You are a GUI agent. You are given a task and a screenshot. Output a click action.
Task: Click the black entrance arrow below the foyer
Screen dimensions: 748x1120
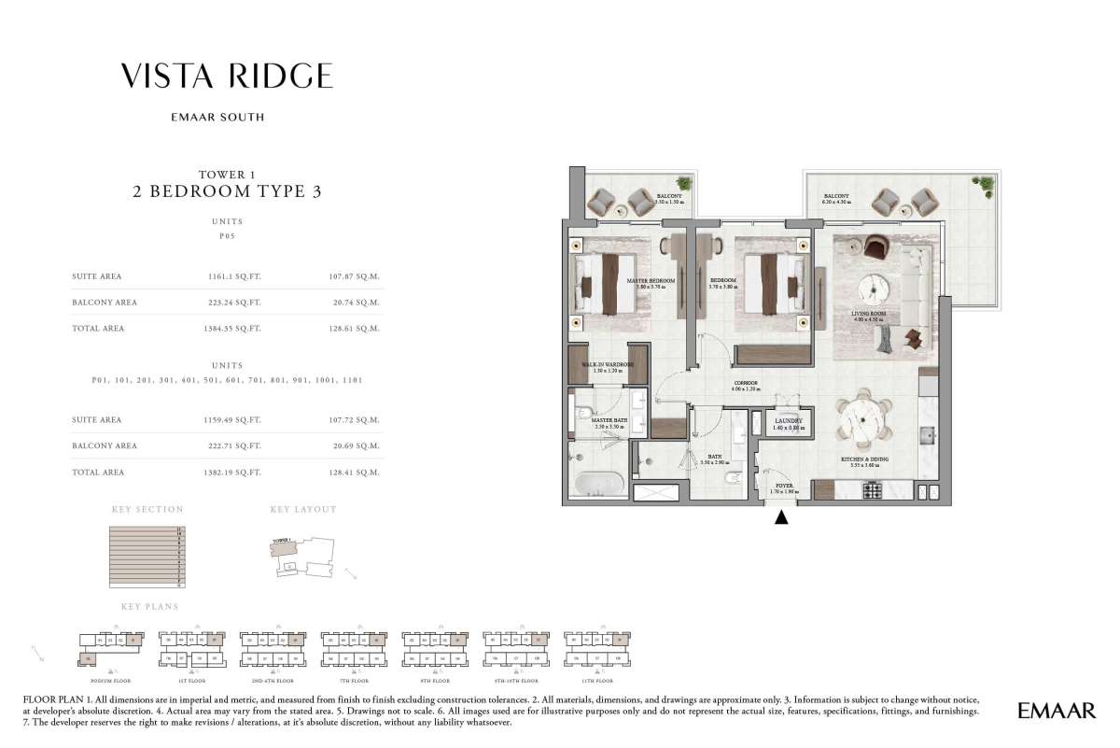[x=782, y=516]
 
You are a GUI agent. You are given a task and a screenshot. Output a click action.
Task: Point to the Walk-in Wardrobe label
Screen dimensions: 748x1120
[x=608, y=365]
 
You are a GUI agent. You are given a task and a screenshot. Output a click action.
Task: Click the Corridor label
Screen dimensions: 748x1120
[x=744, y=382]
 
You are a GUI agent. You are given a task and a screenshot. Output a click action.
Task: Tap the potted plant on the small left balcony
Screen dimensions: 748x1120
[x=685, y=184]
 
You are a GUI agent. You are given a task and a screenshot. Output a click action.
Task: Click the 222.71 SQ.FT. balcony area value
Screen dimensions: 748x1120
[x=234, y=445]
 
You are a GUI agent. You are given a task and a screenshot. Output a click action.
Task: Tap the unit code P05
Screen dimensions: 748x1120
[x=228, y=237]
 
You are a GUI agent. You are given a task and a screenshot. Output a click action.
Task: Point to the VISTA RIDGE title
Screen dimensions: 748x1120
[x=228, y=76]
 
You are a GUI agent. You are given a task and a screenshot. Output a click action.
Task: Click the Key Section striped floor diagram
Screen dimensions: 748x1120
[x=147, y=557]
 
